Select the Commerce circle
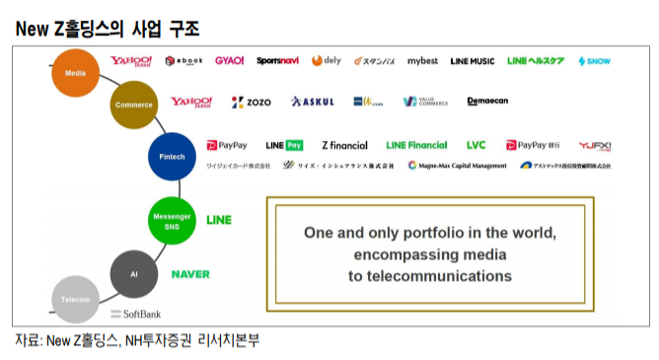coord(133,105)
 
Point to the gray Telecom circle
coord(75,299)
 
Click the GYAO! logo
coord(229,61)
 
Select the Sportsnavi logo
coord(277,61)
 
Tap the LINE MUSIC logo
coord(472,61)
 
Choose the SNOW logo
coord(594,61)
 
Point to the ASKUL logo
coord(313,102)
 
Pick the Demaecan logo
coord(487,102)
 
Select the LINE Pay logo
coord(284,145)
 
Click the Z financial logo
coord(343,145)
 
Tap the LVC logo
coord(476,145)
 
